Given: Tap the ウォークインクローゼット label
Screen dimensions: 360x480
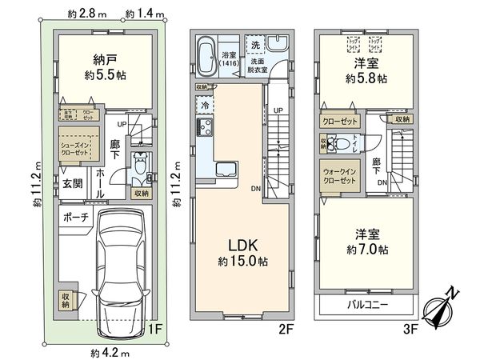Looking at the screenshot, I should click(339, 174).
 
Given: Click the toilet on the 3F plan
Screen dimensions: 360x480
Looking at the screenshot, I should click(342, 145).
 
